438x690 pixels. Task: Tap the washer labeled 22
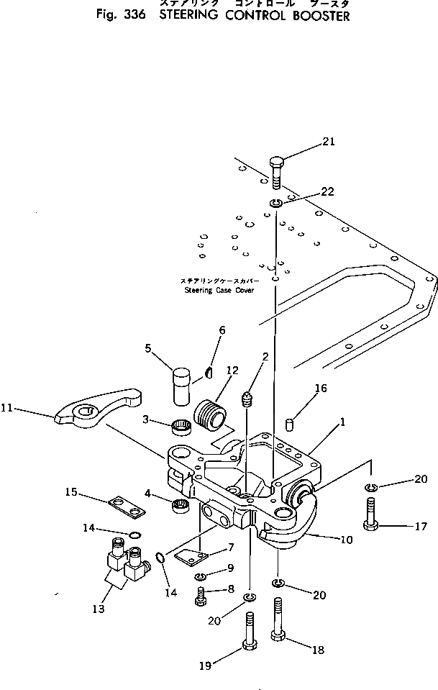tap(275, 204)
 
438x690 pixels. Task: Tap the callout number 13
tap(98, 609)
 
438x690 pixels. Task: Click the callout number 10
tap(347, 539)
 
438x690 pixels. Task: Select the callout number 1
tap(342, 422)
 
